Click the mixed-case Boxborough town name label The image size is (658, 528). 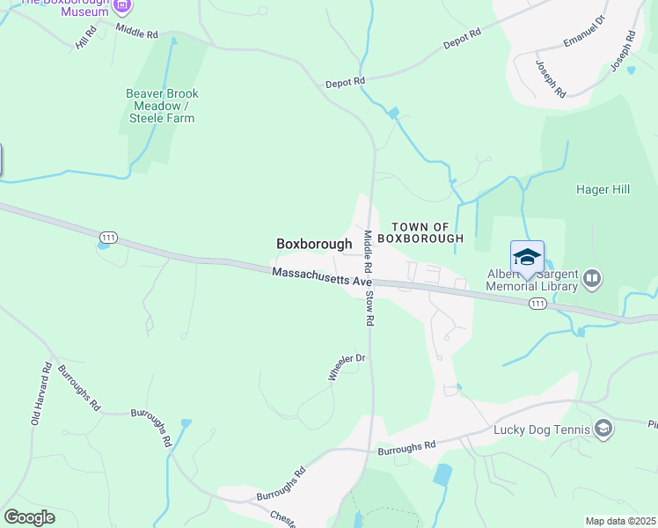(314, 244)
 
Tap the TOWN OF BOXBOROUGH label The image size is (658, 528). (427, 232)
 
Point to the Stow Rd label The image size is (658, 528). (370, 307)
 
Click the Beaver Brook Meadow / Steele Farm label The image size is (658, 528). (162, 106)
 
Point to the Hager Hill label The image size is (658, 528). (604, 188)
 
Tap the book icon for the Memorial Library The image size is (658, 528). (591, 280)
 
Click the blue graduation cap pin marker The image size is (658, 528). (527, 257)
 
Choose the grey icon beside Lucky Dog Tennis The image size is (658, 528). (603, 429)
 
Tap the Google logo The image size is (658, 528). (29, 517)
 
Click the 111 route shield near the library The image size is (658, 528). (537, 304)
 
